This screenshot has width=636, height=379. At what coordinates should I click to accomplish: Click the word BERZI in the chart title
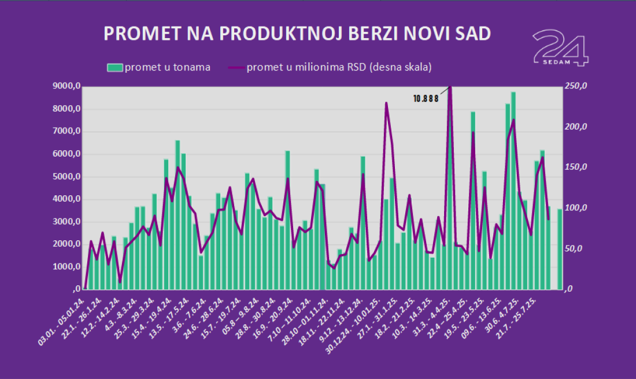376,34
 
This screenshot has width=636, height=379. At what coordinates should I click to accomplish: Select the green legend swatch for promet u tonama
115,68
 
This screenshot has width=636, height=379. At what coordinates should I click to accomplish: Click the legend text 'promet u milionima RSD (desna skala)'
339,68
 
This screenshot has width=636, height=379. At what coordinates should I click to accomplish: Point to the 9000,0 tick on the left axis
65,87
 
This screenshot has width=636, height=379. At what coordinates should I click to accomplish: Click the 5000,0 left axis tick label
65,177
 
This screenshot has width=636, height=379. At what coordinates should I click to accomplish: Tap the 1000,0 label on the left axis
65,267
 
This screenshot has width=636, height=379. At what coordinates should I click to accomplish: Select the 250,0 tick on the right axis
576,87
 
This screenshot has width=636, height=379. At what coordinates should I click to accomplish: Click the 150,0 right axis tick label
576,168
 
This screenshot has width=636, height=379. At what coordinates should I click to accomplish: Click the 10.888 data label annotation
426,99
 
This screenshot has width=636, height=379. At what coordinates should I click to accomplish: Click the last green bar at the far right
560,248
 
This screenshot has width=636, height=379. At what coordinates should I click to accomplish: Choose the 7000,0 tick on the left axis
65,132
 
